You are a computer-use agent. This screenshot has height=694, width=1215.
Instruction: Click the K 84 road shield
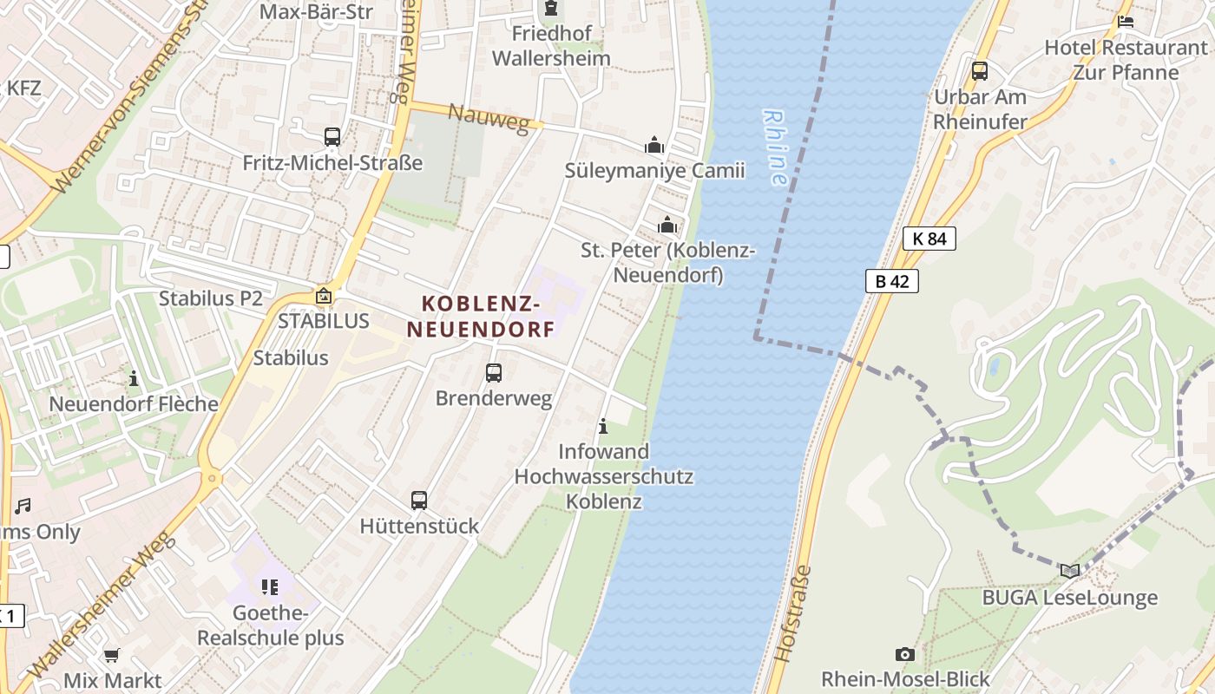[929, 239]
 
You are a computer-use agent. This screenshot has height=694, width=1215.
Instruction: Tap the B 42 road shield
[891, 281]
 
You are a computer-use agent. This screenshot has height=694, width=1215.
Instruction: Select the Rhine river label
[774, 147]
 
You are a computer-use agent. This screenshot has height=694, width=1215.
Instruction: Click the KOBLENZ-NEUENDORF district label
[481, 317]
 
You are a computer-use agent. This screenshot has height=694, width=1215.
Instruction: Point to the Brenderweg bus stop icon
[494, 373]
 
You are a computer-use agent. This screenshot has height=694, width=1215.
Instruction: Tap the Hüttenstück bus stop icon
[419, 501]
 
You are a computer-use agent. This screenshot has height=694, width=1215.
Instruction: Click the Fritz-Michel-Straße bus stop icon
[332, 137]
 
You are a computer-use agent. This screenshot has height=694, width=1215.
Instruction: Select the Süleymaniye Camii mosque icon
[654, 145]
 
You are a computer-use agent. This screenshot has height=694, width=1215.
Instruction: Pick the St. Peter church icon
[667, 226]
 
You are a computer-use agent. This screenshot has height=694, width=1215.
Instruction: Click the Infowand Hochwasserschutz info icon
[603, 427]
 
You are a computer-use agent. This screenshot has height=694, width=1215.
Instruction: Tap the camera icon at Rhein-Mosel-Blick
[904, 654]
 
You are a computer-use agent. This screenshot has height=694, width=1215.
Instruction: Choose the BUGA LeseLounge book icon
[1070, 571]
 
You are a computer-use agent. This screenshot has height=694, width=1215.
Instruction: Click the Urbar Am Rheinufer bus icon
[980, 71]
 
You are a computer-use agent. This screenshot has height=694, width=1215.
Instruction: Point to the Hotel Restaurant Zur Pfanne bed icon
[1126, 22]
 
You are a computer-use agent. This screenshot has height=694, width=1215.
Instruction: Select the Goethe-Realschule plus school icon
[270, 587]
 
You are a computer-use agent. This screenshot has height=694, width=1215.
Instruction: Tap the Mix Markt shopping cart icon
[111, 655]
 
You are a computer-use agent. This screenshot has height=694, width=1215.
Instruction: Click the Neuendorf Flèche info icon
[134, 378]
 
